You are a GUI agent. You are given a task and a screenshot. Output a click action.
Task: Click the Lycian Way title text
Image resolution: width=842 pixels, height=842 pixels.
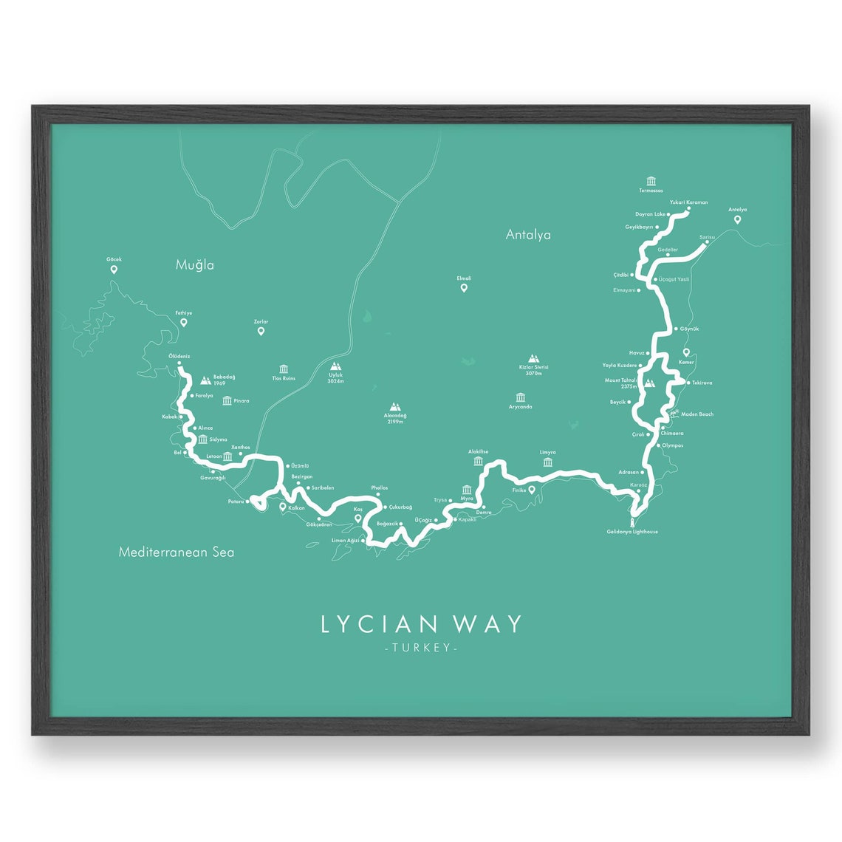[x=421, y=624]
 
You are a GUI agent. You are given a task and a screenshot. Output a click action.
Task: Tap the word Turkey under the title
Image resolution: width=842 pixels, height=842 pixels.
[x=421, y=648]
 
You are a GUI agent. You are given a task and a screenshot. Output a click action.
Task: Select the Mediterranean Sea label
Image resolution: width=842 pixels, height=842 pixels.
[x=177, y=552]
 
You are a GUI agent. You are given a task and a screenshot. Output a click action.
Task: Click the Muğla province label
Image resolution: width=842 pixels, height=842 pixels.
[x=195, y=264]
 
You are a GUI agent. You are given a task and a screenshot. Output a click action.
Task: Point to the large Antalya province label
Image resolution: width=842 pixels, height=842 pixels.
[x=528, y=235]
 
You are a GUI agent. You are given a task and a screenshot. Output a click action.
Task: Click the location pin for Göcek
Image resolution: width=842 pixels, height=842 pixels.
[x=114, y=270]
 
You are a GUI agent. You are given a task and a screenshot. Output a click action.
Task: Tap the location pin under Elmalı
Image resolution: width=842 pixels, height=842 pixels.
[x=464, y=288]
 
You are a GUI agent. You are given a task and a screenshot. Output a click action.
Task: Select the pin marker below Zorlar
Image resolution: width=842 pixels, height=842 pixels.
[x=261, y=331]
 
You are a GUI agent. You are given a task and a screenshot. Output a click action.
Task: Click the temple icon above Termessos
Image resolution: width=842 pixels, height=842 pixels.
[x=651, y=181]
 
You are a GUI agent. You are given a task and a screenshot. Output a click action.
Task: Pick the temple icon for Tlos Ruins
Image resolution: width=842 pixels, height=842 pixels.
[x=284, y=369]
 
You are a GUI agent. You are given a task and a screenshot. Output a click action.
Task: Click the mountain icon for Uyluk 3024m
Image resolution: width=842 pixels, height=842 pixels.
[x=337, y=366]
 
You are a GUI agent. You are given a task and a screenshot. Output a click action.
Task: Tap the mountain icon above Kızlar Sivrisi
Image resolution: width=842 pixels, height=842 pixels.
[x=533, y=357]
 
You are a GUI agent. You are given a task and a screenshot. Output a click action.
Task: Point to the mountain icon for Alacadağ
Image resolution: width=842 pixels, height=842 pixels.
[x=395, y=406]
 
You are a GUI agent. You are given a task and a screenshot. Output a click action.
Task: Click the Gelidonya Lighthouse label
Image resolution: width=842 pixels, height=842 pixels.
[x=632, y=532]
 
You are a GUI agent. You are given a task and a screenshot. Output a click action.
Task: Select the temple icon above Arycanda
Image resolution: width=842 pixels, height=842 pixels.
[x=521, y=397]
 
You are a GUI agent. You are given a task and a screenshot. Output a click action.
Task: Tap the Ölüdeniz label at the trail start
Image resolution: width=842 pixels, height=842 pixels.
[x=179, y=356]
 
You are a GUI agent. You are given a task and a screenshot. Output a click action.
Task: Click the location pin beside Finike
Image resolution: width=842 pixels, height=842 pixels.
[x=532, y=489]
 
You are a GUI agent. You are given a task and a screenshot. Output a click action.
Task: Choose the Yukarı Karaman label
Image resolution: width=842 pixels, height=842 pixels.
[x=689, y=202]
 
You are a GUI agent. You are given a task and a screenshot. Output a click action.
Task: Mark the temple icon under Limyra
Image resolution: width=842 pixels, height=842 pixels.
[x=547, y=462]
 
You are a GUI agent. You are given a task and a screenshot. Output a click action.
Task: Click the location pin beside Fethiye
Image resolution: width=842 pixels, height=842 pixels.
[x=184, y=323]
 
